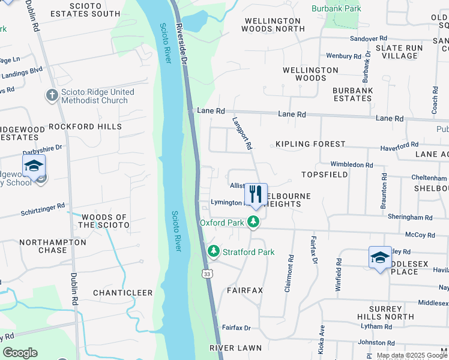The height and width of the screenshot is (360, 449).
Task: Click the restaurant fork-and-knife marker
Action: (x=256, y=194)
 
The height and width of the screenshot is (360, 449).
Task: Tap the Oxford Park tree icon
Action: (x=254, y=223)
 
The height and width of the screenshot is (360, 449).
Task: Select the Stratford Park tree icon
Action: (x=212, y=252)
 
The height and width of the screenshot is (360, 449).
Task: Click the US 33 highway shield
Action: (x=207, y=274)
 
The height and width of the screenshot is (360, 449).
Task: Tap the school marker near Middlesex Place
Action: (x=379, y=258)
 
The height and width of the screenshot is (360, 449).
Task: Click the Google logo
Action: (x=20, y=353)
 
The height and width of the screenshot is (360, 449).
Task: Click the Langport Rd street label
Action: (x=242, y=133)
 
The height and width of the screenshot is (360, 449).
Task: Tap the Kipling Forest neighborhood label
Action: (x=310, y=145)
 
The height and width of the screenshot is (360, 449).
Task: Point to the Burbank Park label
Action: (x=336, y=9)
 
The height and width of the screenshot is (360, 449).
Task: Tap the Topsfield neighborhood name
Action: (x=325, y=175)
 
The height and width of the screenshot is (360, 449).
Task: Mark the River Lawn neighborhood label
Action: (x=236, y=348)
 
